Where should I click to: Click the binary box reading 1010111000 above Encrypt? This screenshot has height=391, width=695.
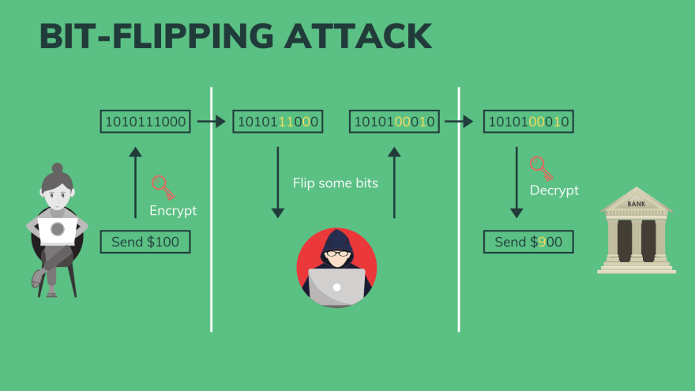[145, 122]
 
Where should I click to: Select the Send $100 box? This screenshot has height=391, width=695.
[145, 242]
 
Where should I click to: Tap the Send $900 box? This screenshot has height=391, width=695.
[528, 242]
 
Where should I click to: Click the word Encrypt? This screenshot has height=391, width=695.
[173, 211]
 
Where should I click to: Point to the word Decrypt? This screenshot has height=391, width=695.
[554, 190]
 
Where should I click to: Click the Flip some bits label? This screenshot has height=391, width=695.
[336, 183]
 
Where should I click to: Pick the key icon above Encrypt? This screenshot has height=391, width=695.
[163, 187]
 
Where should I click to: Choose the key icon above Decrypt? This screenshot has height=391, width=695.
[541, 168]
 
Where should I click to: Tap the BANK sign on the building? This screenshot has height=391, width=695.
[636, 204]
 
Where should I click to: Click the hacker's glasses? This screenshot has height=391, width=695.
[337, 254]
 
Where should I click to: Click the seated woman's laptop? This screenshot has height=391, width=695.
[58, 230]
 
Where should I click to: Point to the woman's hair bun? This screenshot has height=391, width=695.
[57, 168]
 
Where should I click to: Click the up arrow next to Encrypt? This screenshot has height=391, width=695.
[135, 182]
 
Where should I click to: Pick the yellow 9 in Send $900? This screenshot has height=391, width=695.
[542, 242]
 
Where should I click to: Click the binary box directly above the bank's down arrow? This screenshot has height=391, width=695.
[528, 122]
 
